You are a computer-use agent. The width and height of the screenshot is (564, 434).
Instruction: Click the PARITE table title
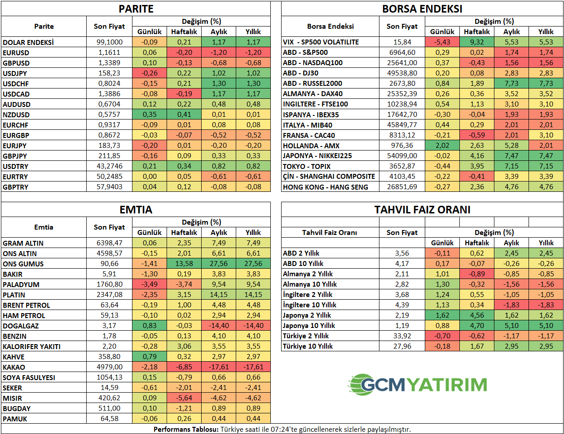coord(136,9)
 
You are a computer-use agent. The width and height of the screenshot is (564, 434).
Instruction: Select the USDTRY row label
coord(15,167)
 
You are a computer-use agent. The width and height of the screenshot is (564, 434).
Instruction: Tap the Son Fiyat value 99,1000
coord(110,42)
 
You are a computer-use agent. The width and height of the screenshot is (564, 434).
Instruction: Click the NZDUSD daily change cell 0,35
coord(150,115)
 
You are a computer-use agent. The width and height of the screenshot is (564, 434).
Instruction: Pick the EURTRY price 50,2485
coord(110,177)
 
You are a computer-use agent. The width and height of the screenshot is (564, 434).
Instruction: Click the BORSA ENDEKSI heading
coord(422,9)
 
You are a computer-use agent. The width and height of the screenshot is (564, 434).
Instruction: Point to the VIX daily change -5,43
coord(442,42)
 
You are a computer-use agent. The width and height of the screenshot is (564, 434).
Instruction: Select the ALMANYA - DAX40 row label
coord(313,94)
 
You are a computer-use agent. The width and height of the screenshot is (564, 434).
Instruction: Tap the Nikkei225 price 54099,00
coord(402,156)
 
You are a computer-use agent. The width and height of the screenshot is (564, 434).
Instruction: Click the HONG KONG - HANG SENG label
coord(326,187)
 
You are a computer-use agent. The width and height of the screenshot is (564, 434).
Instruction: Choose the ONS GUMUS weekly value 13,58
coord(184,264)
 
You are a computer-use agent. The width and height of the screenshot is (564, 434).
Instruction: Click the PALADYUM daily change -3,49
coord(150,284)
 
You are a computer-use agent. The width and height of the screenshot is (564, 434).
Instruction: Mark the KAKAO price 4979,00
coord(110,367)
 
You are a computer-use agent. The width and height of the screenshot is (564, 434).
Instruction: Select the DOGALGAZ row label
coord(21,326)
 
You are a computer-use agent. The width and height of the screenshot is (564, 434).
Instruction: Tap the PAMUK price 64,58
coord(110,419)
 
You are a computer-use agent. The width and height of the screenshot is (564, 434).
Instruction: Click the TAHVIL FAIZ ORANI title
coord(422,210)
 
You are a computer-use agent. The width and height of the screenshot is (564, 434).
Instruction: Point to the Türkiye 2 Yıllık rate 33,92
coord(402,336)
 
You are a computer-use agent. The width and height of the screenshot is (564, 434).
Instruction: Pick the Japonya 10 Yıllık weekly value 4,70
coord(477,326)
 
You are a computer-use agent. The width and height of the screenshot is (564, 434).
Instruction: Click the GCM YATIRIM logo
coord(418,385)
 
